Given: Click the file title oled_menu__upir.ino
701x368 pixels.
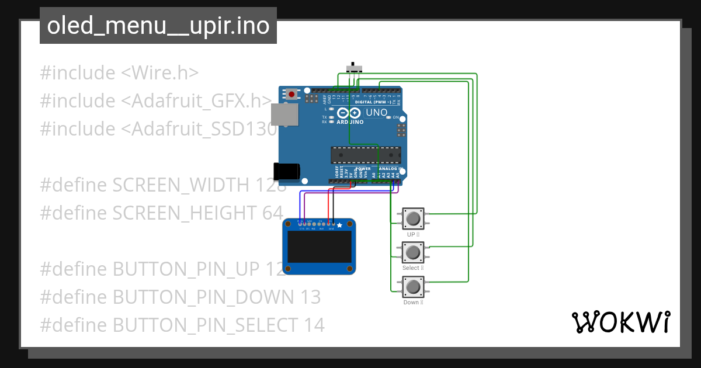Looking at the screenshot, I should pyautogui.click(x=158, y=26).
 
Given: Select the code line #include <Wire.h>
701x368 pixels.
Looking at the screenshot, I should pyautogui.click(x=119, y=73).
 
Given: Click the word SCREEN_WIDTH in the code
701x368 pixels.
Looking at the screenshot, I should pyautogui.click(x=181, y=185).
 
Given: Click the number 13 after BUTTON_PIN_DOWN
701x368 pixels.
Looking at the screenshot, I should pyautogui.click(x=310, y=297).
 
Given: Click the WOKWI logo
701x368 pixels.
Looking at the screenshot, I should pyautogui.click(x=620, y=322).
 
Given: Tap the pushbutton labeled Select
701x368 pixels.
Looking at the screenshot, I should pyautogui.click(x=413, y=252).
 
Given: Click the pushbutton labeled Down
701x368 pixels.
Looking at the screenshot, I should pyautogui.click(x=413, y=287).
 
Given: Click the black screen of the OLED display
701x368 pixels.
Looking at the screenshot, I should pyautogui.click(x=319, y=247).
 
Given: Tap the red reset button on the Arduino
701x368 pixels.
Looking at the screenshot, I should pyautogui.click(x=291, y=94).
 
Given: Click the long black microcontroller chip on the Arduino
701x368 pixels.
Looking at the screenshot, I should pyautogui.click(x=366, y=155).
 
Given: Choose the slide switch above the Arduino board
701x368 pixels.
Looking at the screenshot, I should pyautogui.click(x=353, y=68).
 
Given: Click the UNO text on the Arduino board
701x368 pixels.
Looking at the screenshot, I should pyautogui.click(x=376, y=113).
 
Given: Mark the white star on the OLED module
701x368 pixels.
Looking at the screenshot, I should pyautogui.click(x=340, y=225).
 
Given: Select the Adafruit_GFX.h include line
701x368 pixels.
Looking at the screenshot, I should pyautogui.click(x=156, y=101).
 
